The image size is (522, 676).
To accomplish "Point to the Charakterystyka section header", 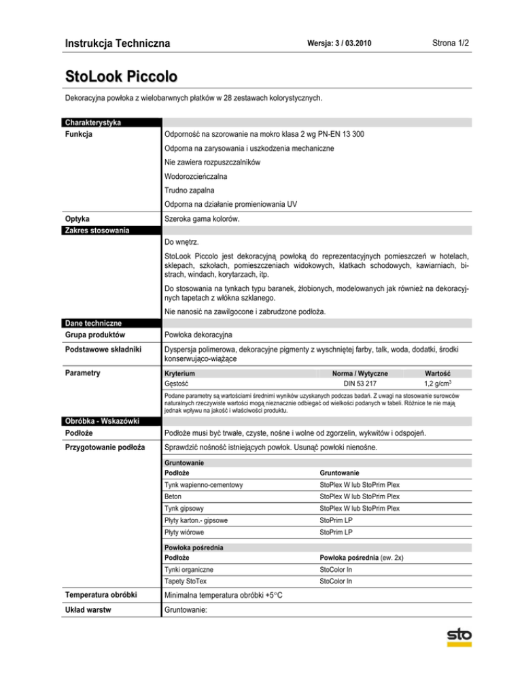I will tap(92, 122).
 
